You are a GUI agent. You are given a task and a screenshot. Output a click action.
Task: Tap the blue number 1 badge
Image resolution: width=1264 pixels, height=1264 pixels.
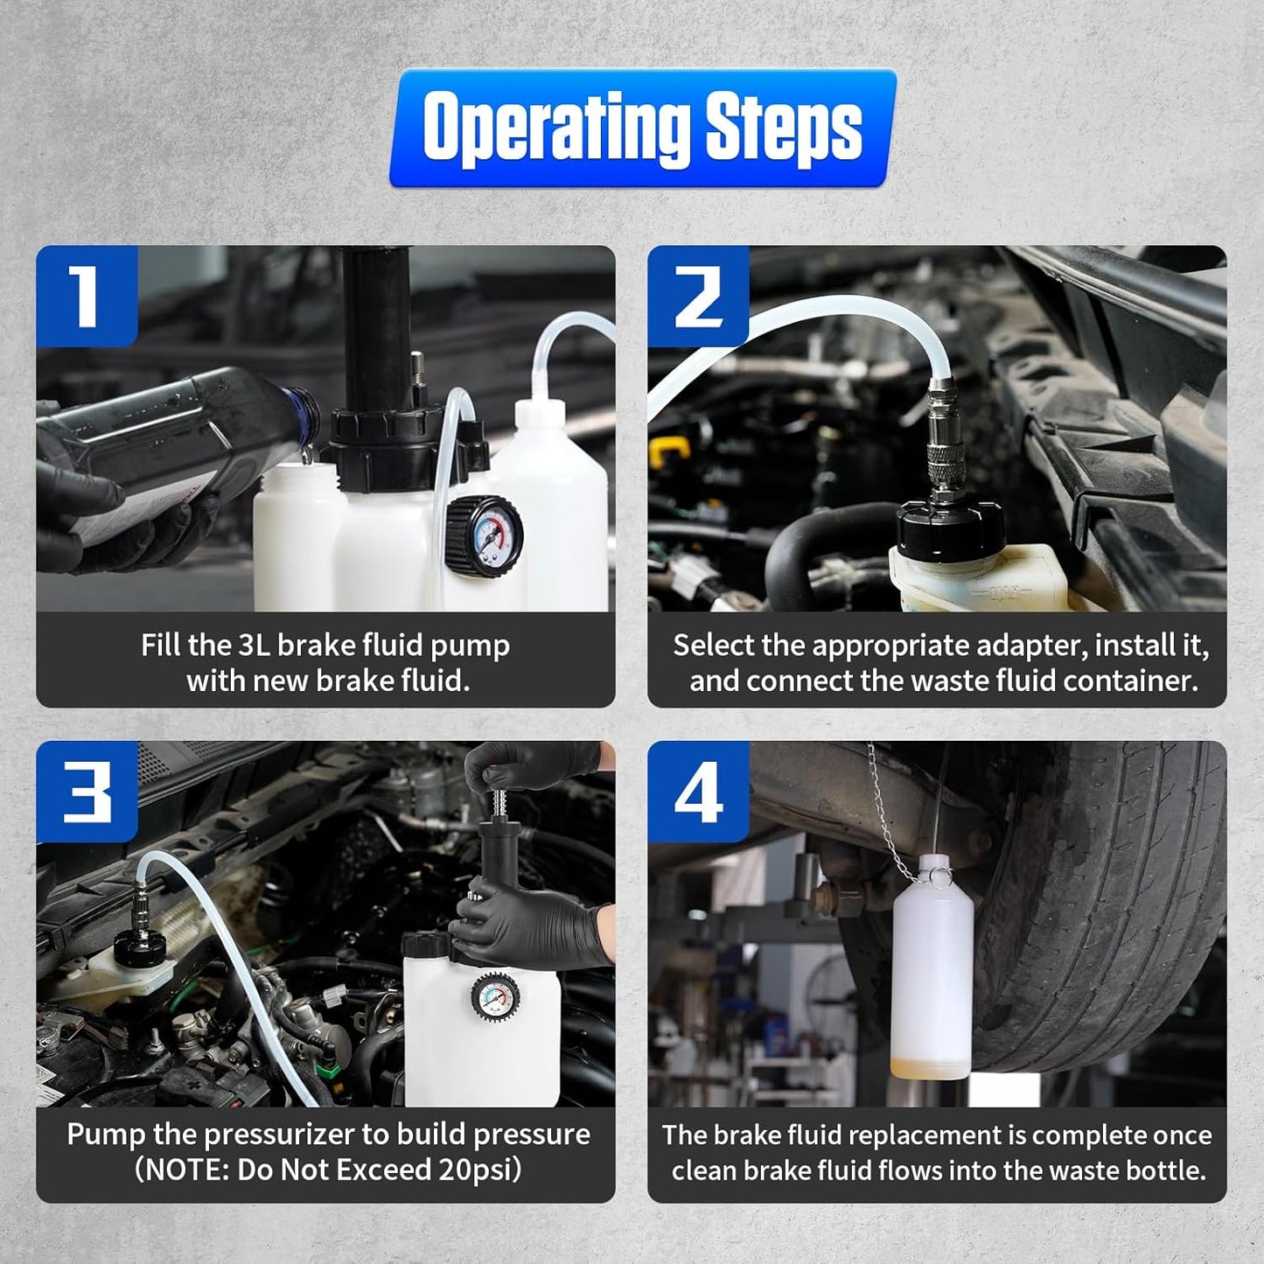pyautogui.click(x=86, y=296)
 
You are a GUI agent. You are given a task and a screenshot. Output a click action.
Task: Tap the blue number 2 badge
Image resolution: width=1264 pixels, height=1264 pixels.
pyautogui.click(x=697, y=296)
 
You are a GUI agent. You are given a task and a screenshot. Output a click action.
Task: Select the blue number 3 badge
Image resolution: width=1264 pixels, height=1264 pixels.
pyautogui.click(x=86, y=792)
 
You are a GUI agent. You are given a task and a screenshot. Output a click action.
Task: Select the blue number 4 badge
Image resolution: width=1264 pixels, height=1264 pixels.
pyautogui.click(x=697, y=792)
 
